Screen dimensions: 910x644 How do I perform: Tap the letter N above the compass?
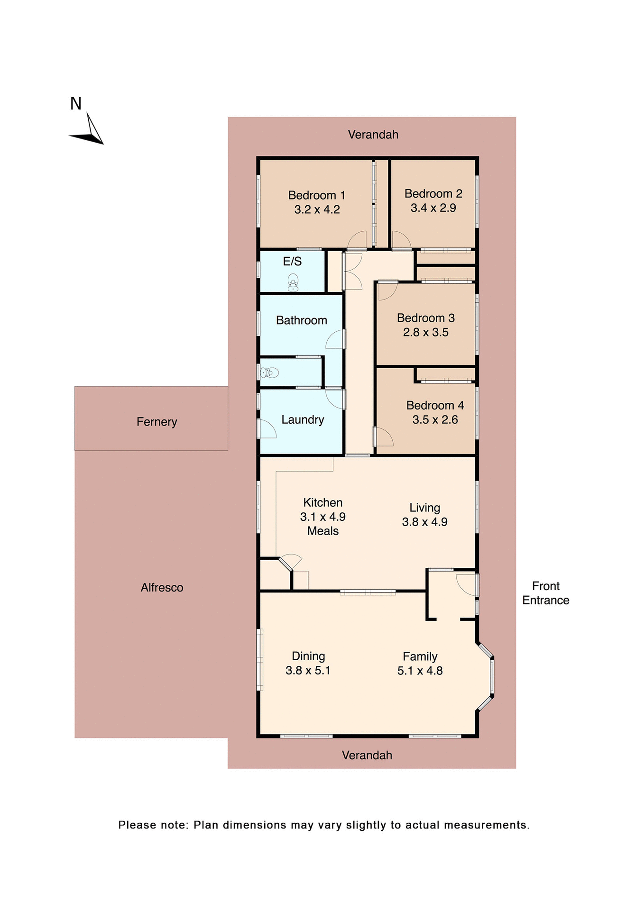tap(76, 104)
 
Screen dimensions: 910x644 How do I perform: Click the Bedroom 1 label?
tap(316, 195)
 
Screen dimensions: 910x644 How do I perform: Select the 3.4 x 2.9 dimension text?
tap(433, 208)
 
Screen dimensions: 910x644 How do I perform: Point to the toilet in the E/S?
tap(293, 282)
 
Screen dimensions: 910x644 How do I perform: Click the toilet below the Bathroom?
tap(269, 373)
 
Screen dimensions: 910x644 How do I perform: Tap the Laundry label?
tap(303, 420)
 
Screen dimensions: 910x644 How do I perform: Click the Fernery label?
tap(156, 422)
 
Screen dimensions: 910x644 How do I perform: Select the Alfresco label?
tap(162, 588)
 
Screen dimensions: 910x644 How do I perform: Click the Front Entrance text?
tap(545, 593)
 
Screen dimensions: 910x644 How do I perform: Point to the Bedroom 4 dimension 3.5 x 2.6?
tap(435, 420)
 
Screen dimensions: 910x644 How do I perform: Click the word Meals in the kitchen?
tap(322, 531)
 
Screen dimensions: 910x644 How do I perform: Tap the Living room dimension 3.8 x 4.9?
tap(424, 522)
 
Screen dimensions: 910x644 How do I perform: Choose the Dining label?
tap(308, 656)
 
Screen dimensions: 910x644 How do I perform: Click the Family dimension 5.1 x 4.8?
tap(420, 671)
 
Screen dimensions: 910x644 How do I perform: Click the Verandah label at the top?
tap(373, 135)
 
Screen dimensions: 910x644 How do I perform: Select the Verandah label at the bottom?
tap(367, 755)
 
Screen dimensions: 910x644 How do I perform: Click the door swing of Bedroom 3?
tap(386, 290)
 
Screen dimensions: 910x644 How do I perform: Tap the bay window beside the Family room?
tap(491, 676)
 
